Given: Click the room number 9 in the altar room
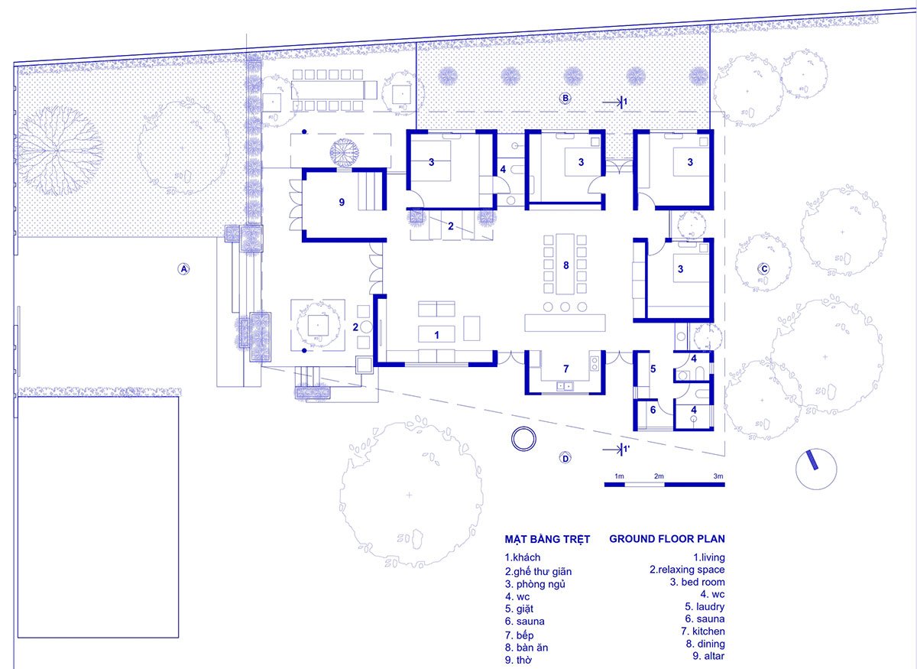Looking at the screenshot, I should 342,203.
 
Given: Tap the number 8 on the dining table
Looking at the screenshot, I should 565,265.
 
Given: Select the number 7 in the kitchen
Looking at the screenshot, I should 566,368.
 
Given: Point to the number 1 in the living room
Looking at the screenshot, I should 436,334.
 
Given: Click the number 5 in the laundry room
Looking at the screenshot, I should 653,369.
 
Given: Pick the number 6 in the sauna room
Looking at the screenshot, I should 653,410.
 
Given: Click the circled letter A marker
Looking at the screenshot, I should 183,268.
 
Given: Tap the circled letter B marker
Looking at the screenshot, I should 565,98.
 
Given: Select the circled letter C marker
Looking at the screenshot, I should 763,268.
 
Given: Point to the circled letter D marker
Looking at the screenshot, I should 565,459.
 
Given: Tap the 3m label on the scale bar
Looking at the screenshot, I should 718,476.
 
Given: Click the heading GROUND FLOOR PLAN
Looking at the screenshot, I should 666,539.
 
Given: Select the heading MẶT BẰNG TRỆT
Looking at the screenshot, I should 547,539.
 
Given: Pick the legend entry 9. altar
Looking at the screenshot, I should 709,655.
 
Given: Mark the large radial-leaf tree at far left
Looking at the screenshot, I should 59,148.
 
